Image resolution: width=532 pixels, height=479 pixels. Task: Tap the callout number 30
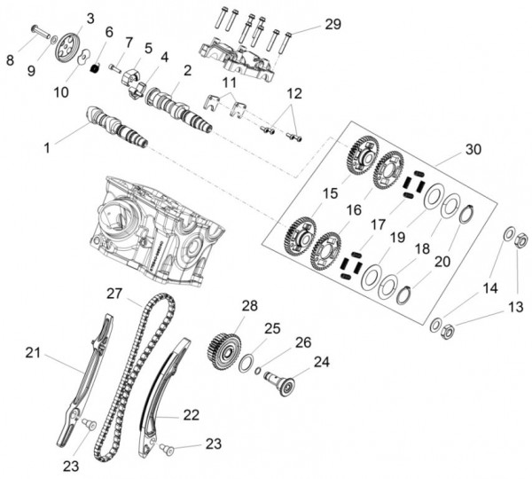pyautogui.click(x=473, y=150)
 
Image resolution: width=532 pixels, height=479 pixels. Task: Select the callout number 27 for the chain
pyautogui.click(x=113, y=294)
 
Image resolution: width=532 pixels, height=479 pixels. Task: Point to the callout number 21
pyautogui.click(x=33, y=353)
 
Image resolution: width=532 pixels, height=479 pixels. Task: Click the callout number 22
pyautogui.click(x=192, y=413)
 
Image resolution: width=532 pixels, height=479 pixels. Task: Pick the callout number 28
pyautogui.click(x=249, y=306)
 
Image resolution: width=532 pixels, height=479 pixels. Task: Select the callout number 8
pyautogui.click(x=11, y=60)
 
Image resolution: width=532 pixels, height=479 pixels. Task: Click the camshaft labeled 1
pyautogui.click(x=115, y=125)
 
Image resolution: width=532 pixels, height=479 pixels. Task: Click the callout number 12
pyautogui.click(x=293, y=92)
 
